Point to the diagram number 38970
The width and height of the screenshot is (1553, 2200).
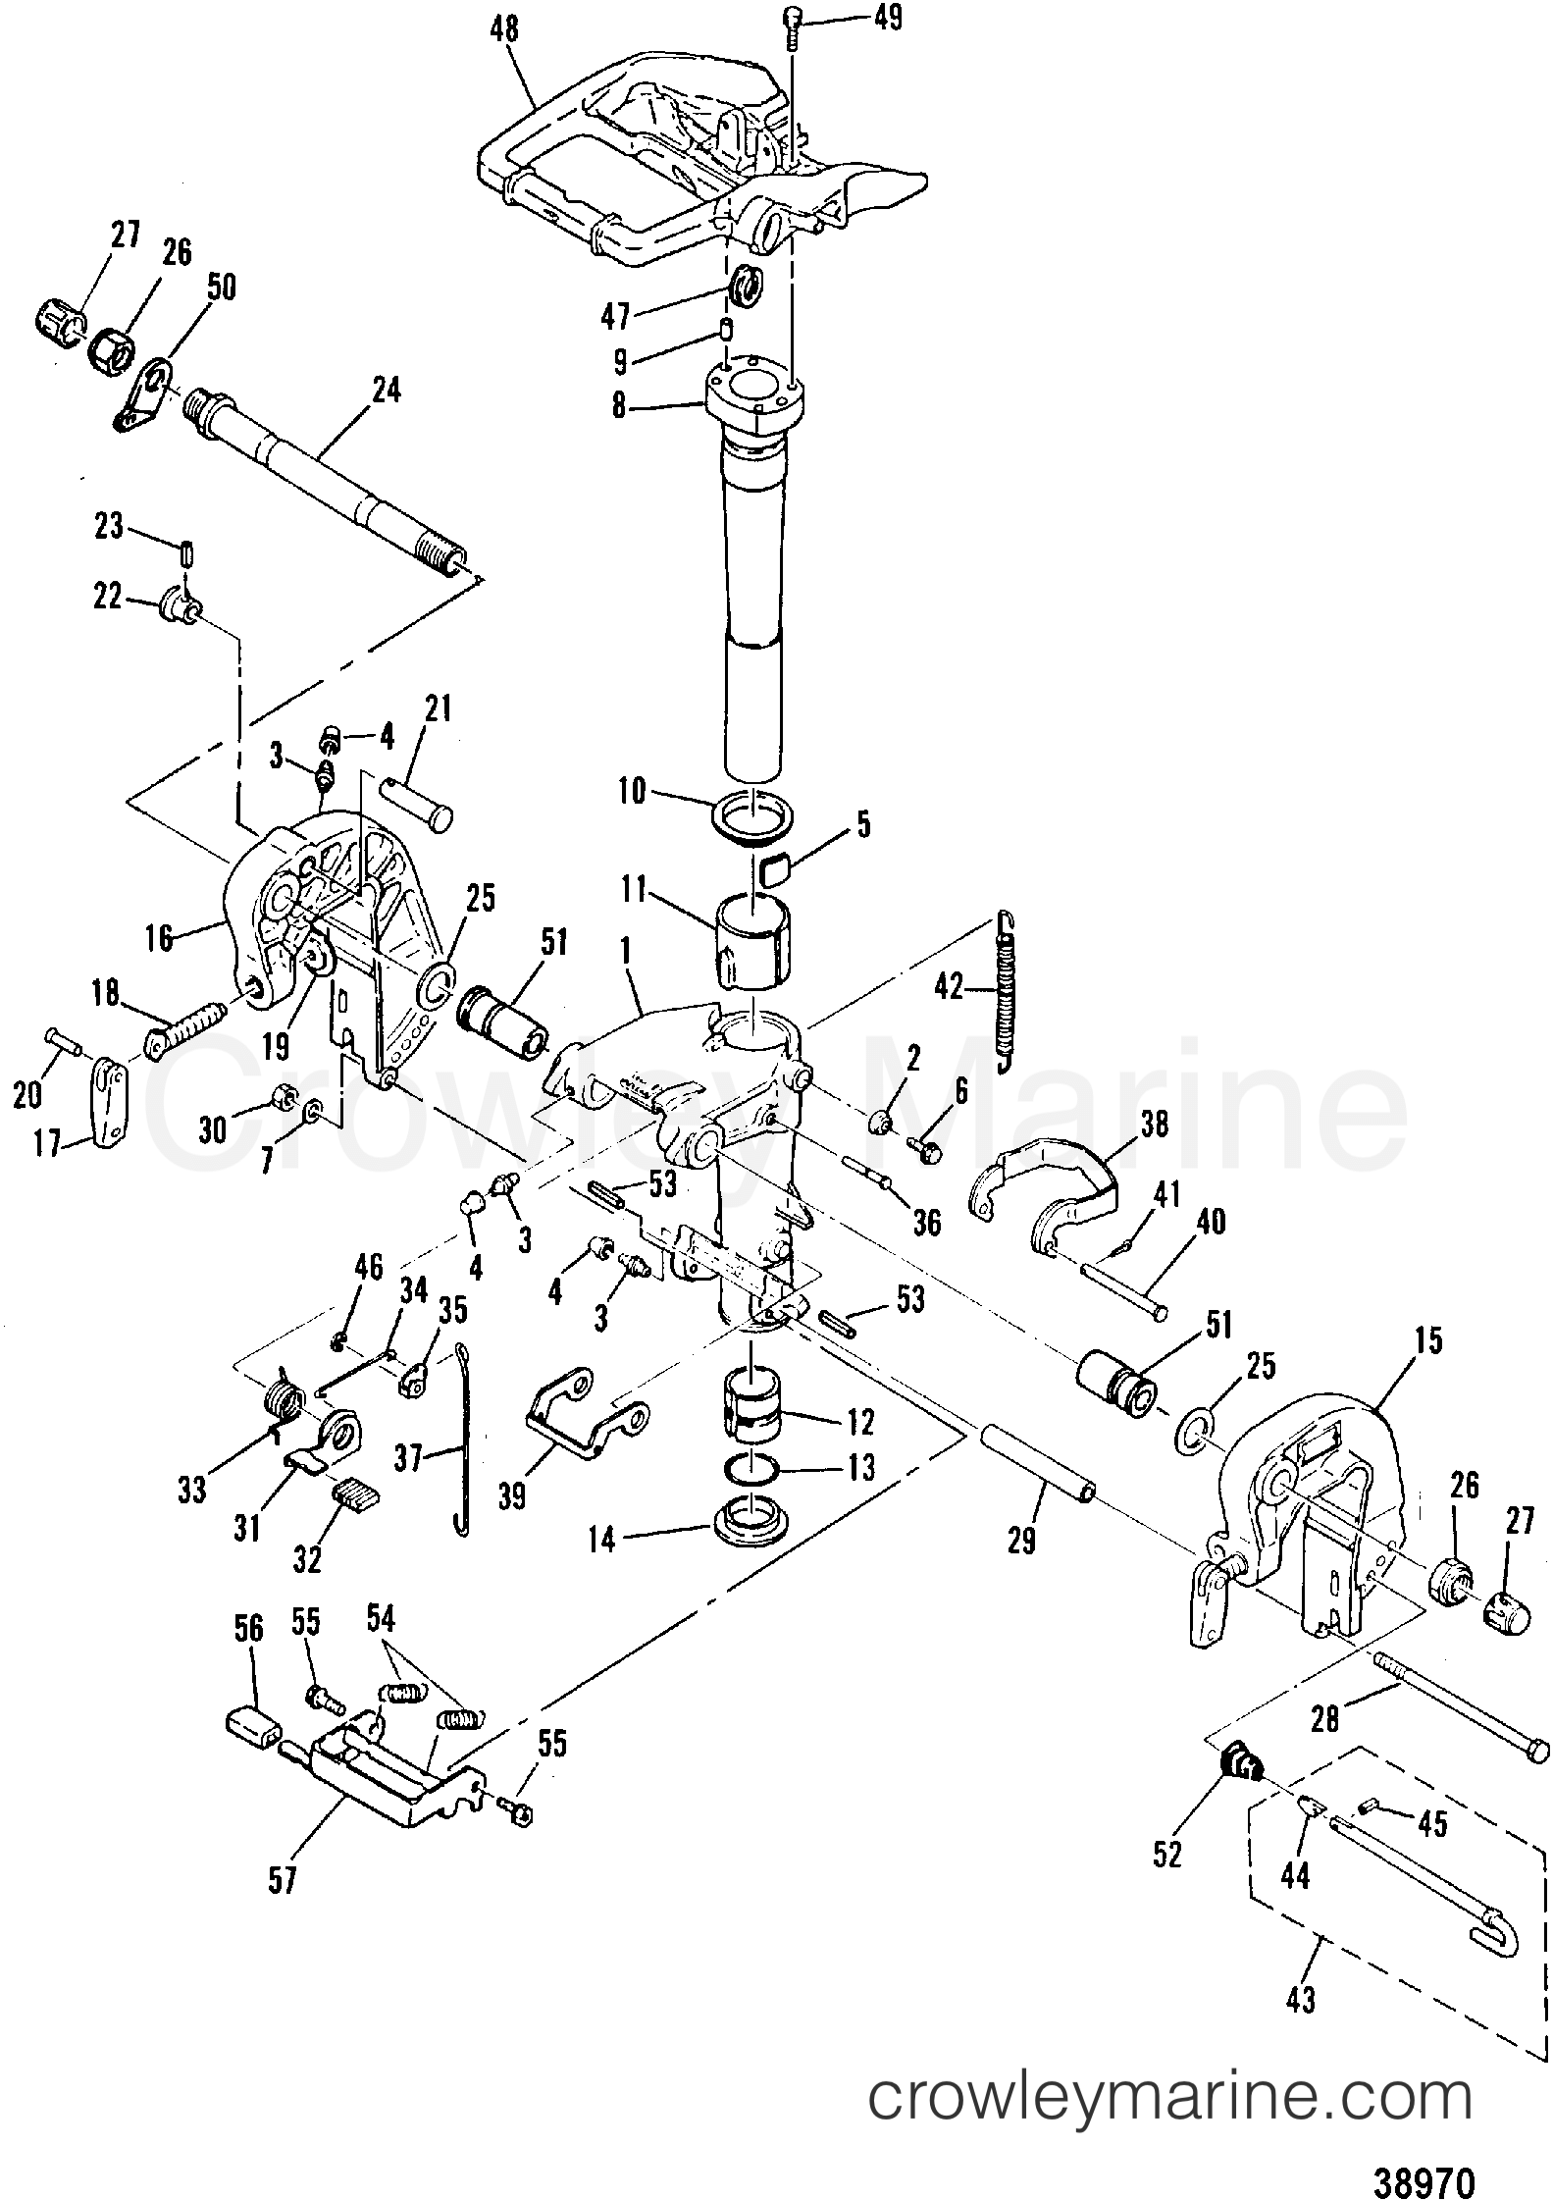pos(1425,2153)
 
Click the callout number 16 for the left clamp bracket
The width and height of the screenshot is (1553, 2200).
pos(158,938)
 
